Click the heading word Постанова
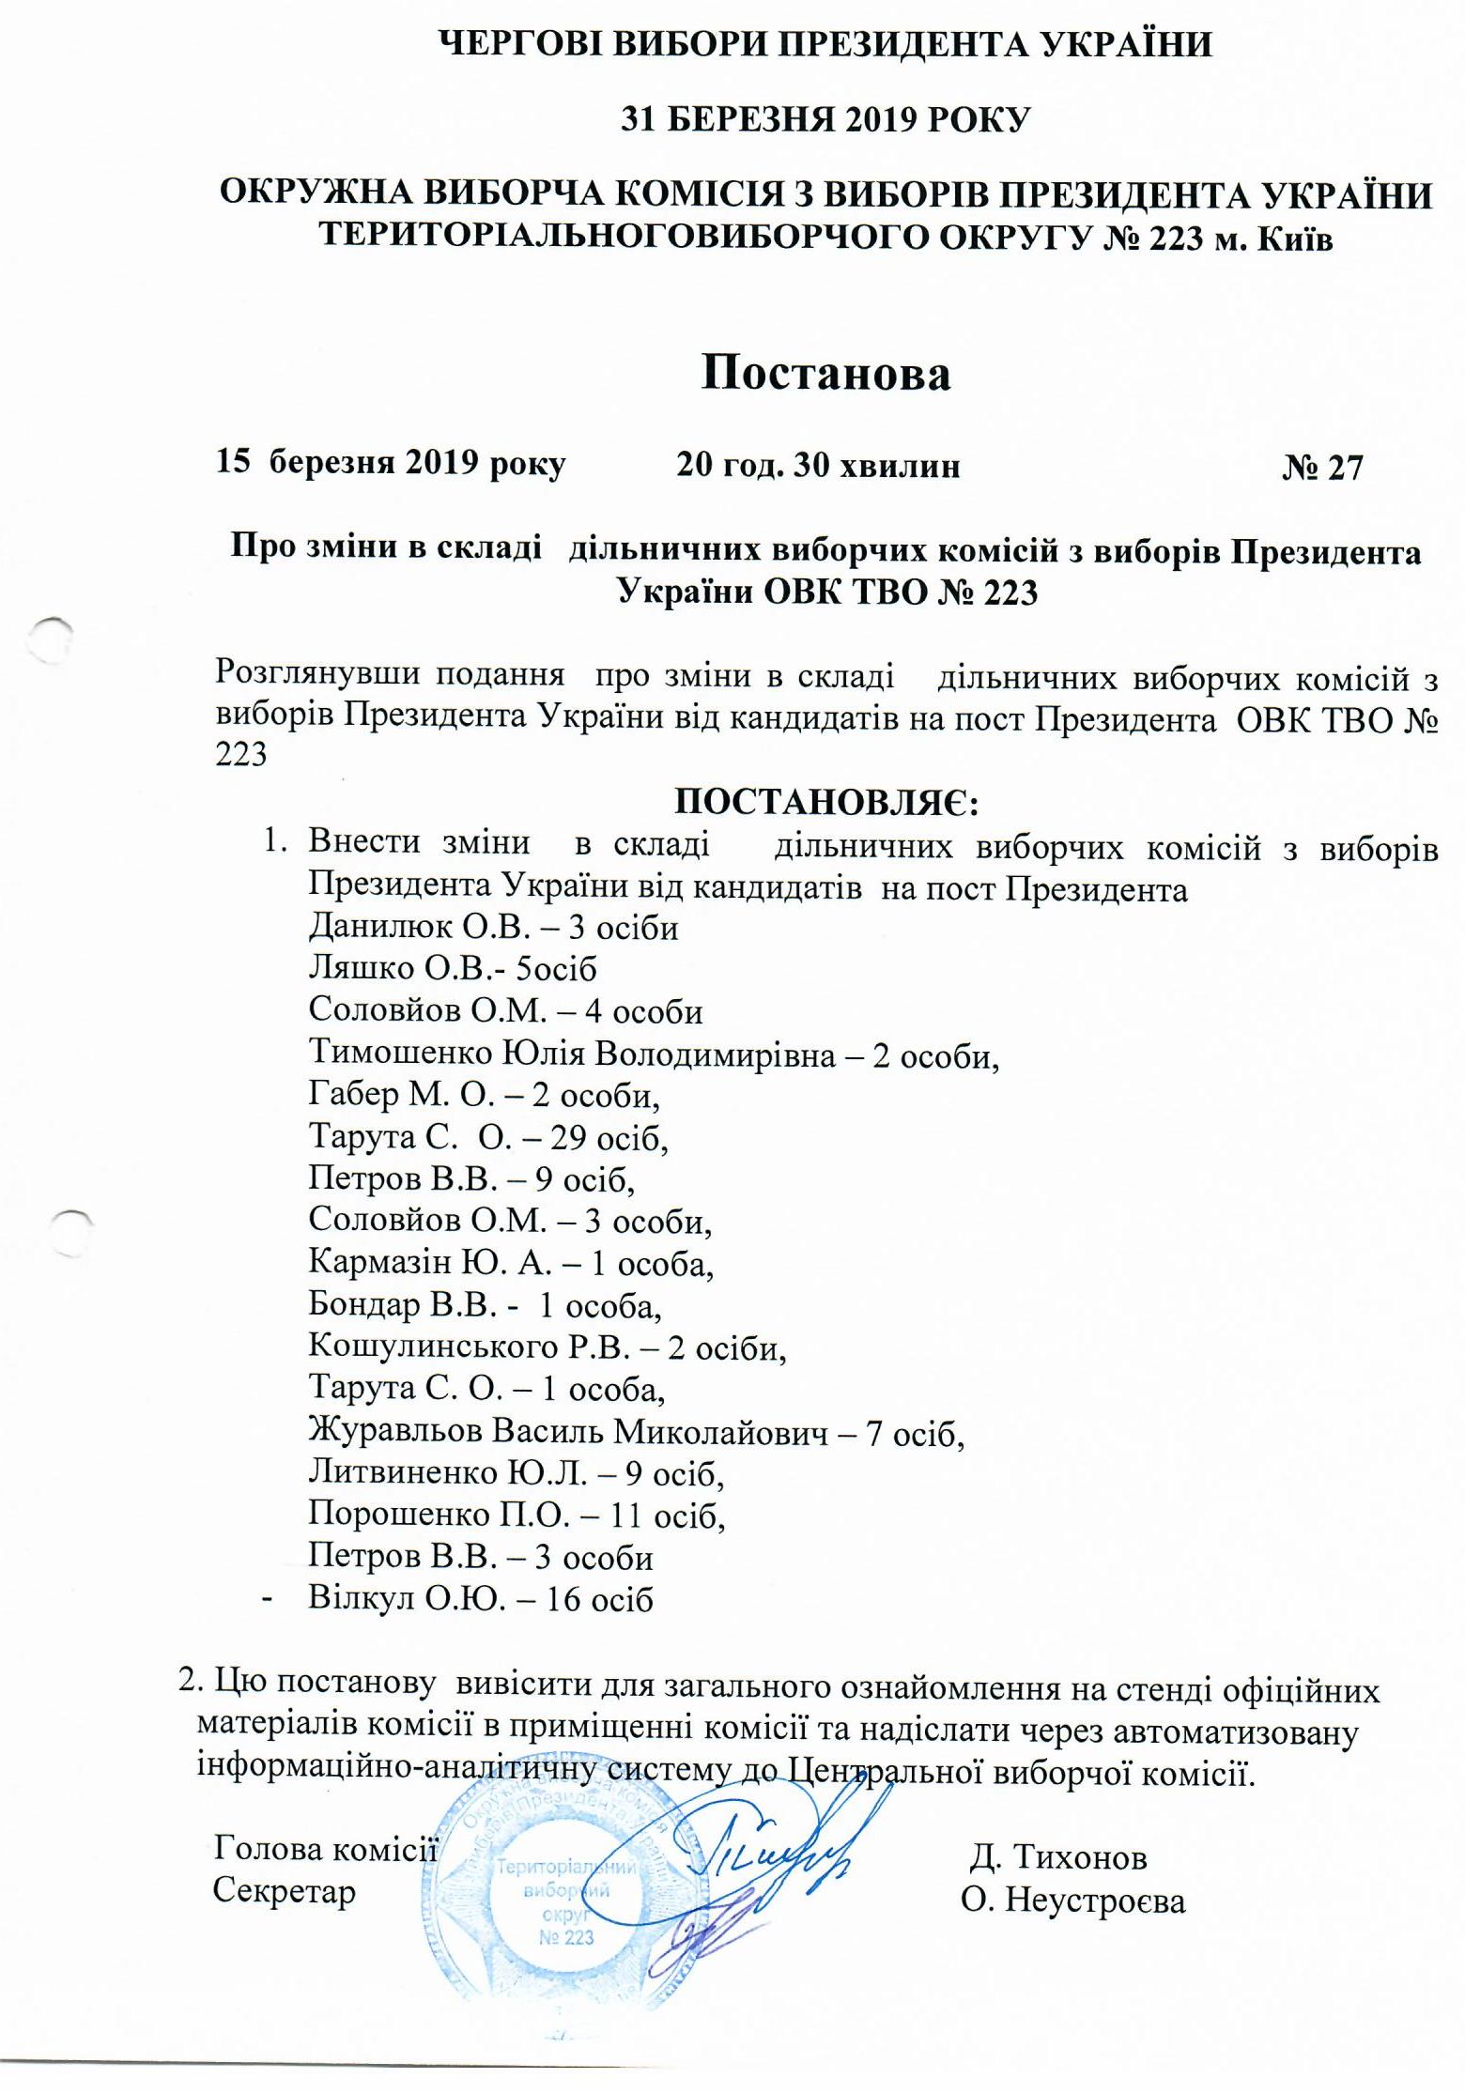coord(825,373)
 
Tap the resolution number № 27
coord(1321,467)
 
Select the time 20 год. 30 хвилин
coord(818,465)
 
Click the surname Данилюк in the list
coord(382,928)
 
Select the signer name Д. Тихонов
coord(1058,1856)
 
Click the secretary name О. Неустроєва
coord(1072,1901)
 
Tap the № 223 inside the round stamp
coord(566,1937)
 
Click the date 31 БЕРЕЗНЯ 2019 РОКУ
coord(826,120)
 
